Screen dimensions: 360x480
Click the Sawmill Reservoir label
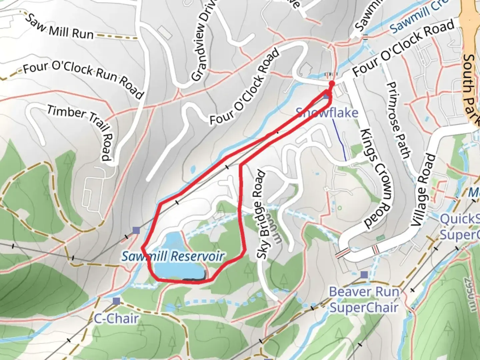tap(173, 256)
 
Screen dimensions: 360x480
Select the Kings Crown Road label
tap(375, 178)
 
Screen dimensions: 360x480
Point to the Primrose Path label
tap(398, 120)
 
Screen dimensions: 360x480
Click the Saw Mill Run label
tap(60, 27)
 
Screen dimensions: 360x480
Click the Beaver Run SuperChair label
tap(364, 300)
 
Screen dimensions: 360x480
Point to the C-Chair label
tap(116, 319)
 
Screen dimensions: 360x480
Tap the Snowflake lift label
tap(327, 113)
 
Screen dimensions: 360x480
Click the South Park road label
tap(471, 90)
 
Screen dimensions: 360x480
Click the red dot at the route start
tap(331, 84)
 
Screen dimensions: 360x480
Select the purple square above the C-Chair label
tap(116, 301)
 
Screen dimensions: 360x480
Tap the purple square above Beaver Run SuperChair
tap(364, 275)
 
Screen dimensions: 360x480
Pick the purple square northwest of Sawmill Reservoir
tap(136, 230)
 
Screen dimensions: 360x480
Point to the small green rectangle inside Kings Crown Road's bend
tap(380, 238)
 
